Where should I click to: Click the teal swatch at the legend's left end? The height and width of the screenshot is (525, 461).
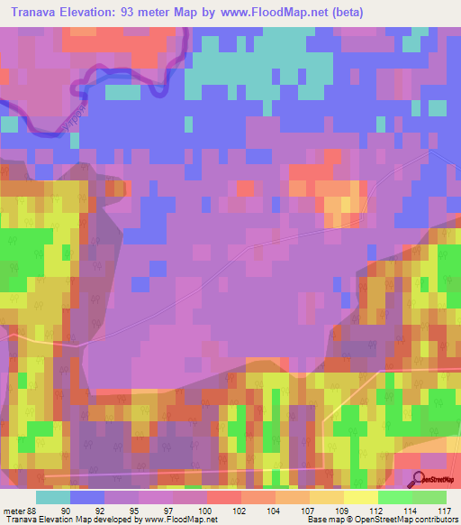[x=53, y=497]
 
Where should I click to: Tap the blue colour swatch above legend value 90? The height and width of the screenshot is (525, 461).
[x=87, y=497]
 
